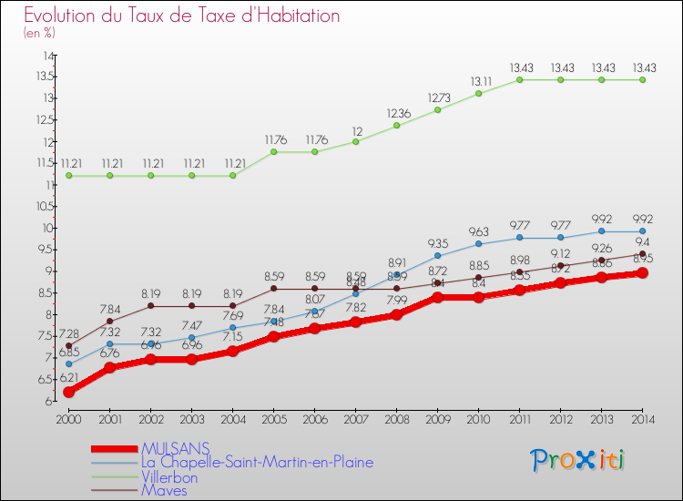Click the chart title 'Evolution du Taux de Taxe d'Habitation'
point(182,16)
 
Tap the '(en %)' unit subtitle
point(39,33)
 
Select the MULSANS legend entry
point(176,448)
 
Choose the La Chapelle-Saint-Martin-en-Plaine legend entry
point(257,462)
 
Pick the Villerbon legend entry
point(168,475)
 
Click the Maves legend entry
point(164,489)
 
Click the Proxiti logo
point(578,460)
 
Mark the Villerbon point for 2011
point(519,79)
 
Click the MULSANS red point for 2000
point(68,392)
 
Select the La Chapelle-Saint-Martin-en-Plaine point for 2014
point(642,231)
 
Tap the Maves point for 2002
point(150,306)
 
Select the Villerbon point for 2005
point(273,151)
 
